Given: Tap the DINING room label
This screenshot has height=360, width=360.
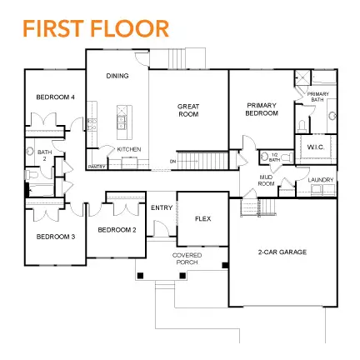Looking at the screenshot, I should click(x=117, y=76).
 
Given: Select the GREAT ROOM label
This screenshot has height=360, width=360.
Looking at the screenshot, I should click(x=188, y=109).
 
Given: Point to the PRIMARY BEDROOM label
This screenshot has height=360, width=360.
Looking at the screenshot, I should click(x=261, y=108).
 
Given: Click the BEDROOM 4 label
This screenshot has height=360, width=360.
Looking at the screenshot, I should click(x=55, y=97).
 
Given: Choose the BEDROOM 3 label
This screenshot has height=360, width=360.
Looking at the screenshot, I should click(x=55, y=237).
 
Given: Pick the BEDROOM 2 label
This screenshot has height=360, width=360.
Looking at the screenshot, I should click(x=117, y=229).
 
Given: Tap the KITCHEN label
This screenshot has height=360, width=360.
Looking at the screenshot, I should click(x=129, y=149).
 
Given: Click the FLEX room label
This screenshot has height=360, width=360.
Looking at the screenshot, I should click(x=202, y=218).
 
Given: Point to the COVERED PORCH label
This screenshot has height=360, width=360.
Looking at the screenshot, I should click(x=187, y=257).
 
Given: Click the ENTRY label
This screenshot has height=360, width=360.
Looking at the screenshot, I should click(x=162, y=207).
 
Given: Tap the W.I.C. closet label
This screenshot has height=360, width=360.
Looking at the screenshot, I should click(x=315, y=147).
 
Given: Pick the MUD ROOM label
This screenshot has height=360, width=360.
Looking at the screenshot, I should click(x=267, y=180).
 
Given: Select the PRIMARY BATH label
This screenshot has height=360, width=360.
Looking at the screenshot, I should click(x=317, y=97).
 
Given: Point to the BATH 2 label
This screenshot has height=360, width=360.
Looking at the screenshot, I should click(x=44, y=155).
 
